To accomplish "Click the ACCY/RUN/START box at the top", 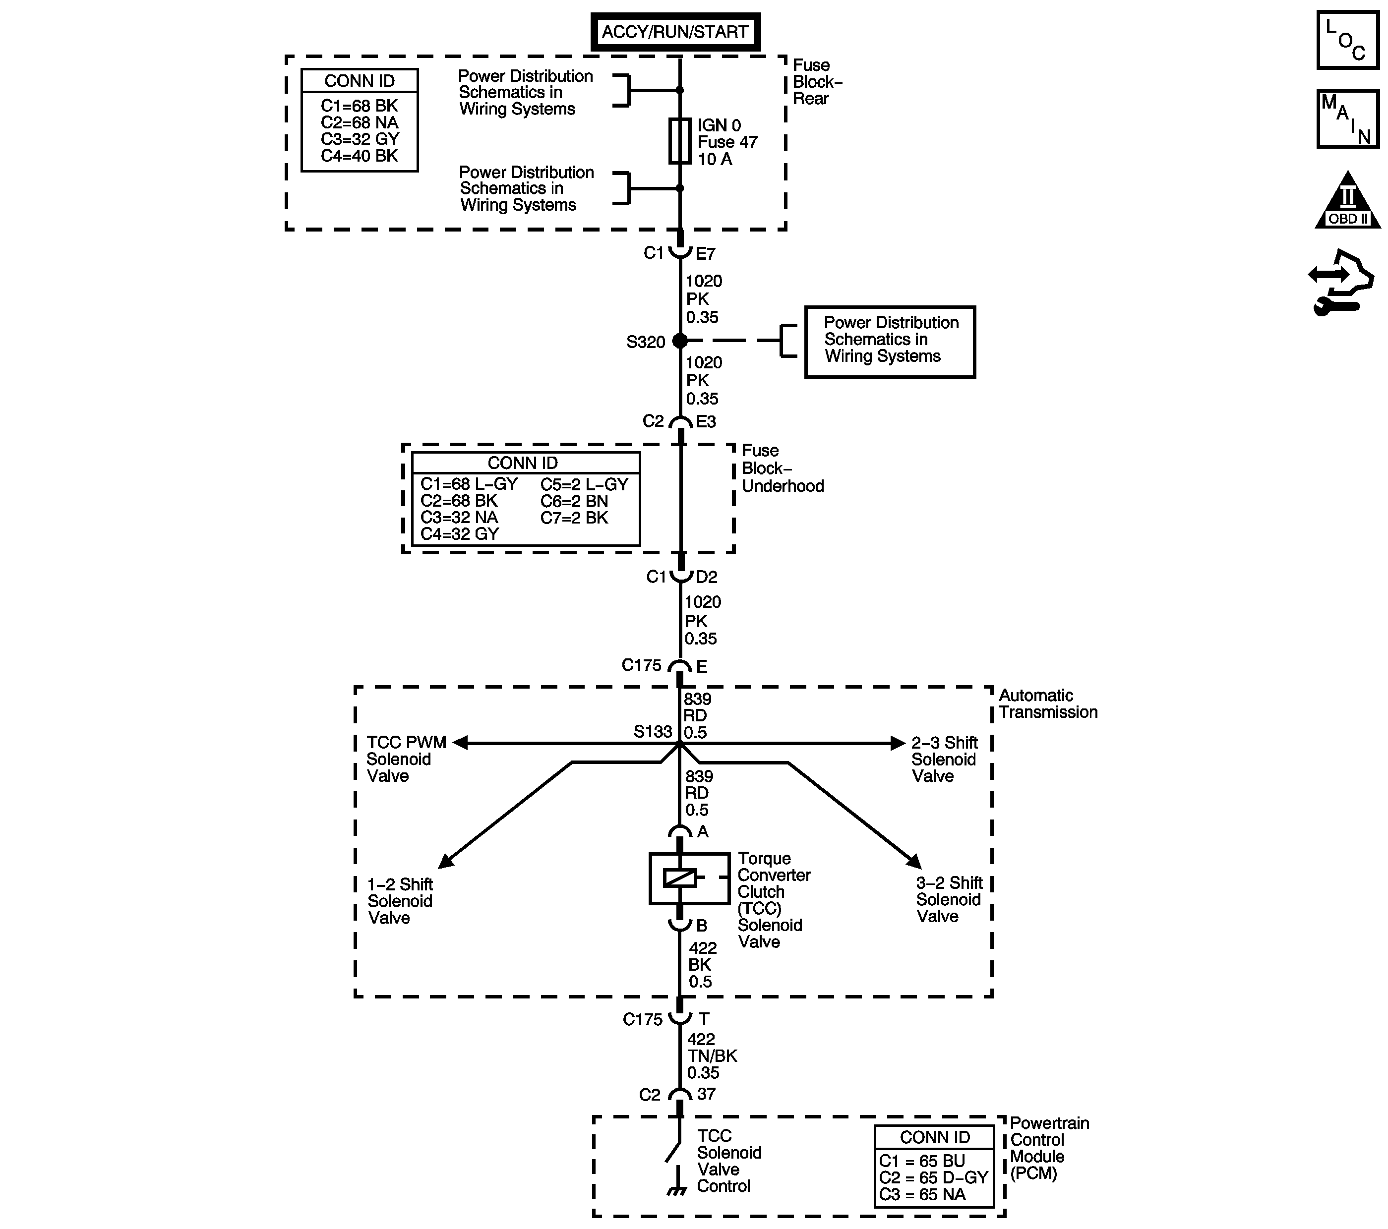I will tap(675, 31).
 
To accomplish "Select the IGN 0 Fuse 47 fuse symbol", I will tap(680, 141).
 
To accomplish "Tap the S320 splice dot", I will tap(680, 341).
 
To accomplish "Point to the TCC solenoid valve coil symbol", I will tap(680, 878).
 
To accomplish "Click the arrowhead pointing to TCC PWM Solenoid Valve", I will tap(460, 743).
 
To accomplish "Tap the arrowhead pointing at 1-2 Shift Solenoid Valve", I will tap(445, 861).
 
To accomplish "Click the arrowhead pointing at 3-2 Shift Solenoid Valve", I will tap(914, 861).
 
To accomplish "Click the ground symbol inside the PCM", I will tap(676, 1192).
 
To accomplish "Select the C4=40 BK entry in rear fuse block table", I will tap(359, 156).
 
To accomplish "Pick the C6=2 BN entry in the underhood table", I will tap(574, 501).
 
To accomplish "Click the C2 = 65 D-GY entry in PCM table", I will tap(933, 1177).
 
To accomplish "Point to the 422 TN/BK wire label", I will tap(711, 1056).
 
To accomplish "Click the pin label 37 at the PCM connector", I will tap(706, 1094).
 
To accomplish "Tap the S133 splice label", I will tap(653, 731).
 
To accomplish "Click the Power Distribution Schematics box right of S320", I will tap(890, 341).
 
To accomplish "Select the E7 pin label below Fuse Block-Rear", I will tap(706, 254).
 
